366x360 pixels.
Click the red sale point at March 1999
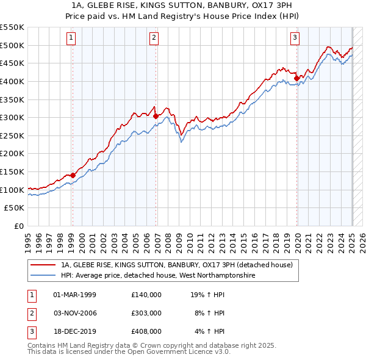tap(73, 176)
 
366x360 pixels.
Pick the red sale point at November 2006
tap(156, 117)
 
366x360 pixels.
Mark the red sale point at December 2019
tap(297, 78)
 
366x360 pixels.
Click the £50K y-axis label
tap(15, 208)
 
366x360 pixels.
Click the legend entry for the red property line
tap(177, 265)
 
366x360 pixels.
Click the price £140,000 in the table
tap(146, 294)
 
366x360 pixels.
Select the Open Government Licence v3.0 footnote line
tap(129, 352)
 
